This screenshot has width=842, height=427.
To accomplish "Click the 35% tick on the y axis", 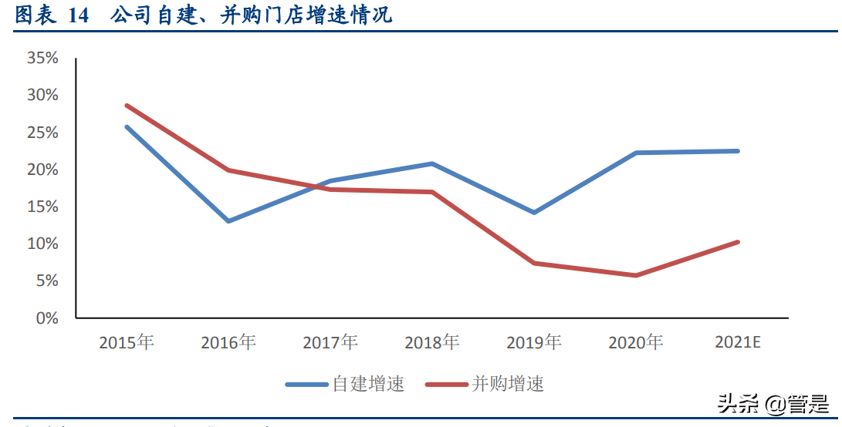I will click(42, 58).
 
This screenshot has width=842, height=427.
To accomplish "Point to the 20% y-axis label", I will click(42, 170).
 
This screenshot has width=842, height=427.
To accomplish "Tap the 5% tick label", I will click(47, 281).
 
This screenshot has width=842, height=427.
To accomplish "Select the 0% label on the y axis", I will click(47, 318).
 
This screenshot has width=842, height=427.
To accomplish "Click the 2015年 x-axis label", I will click(127, 342).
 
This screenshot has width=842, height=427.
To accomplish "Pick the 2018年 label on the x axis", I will click(431, 342).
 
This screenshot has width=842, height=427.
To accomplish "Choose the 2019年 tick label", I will click(533, 342).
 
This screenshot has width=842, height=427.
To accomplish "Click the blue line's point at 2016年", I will click(228, 221).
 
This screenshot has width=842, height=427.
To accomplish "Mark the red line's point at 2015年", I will click(127, 106).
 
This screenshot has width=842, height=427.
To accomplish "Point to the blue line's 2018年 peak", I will click(431, 163).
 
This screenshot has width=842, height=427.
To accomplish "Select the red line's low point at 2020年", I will click(635, 275).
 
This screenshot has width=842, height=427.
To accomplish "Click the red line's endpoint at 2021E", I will click(737, 242).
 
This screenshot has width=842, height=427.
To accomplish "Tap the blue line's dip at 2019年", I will click(533, 212).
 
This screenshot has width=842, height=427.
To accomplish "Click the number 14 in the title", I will click(78, 15).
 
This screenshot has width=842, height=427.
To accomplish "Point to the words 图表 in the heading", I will click(36, 15).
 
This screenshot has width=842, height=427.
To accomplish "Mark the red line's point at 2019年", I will click(533, 264).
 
